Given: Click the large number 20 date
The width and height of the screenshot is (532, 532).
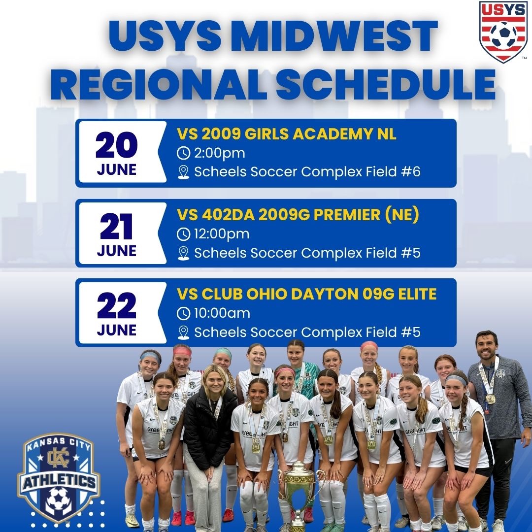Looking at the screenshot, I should coord(117,145).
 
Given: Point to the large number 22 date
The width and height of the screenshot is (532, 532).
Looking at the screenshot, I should coord(117,305).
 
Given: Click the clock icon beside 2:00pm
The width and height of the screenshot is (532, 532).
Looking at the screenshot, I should coord(183,153).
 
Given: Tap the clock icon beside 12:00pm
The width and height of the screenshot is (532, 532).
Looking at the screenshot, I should coord(183,233).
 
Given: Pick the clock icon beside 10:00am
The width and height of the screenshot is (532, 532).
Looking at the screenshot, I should coord(183,313).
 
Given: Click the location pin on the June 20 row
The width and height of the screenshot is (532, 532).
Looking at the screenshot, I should coord(183,172).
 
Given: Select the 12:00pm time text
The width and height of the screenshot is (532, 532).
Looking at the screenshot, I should coord(222,233).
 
